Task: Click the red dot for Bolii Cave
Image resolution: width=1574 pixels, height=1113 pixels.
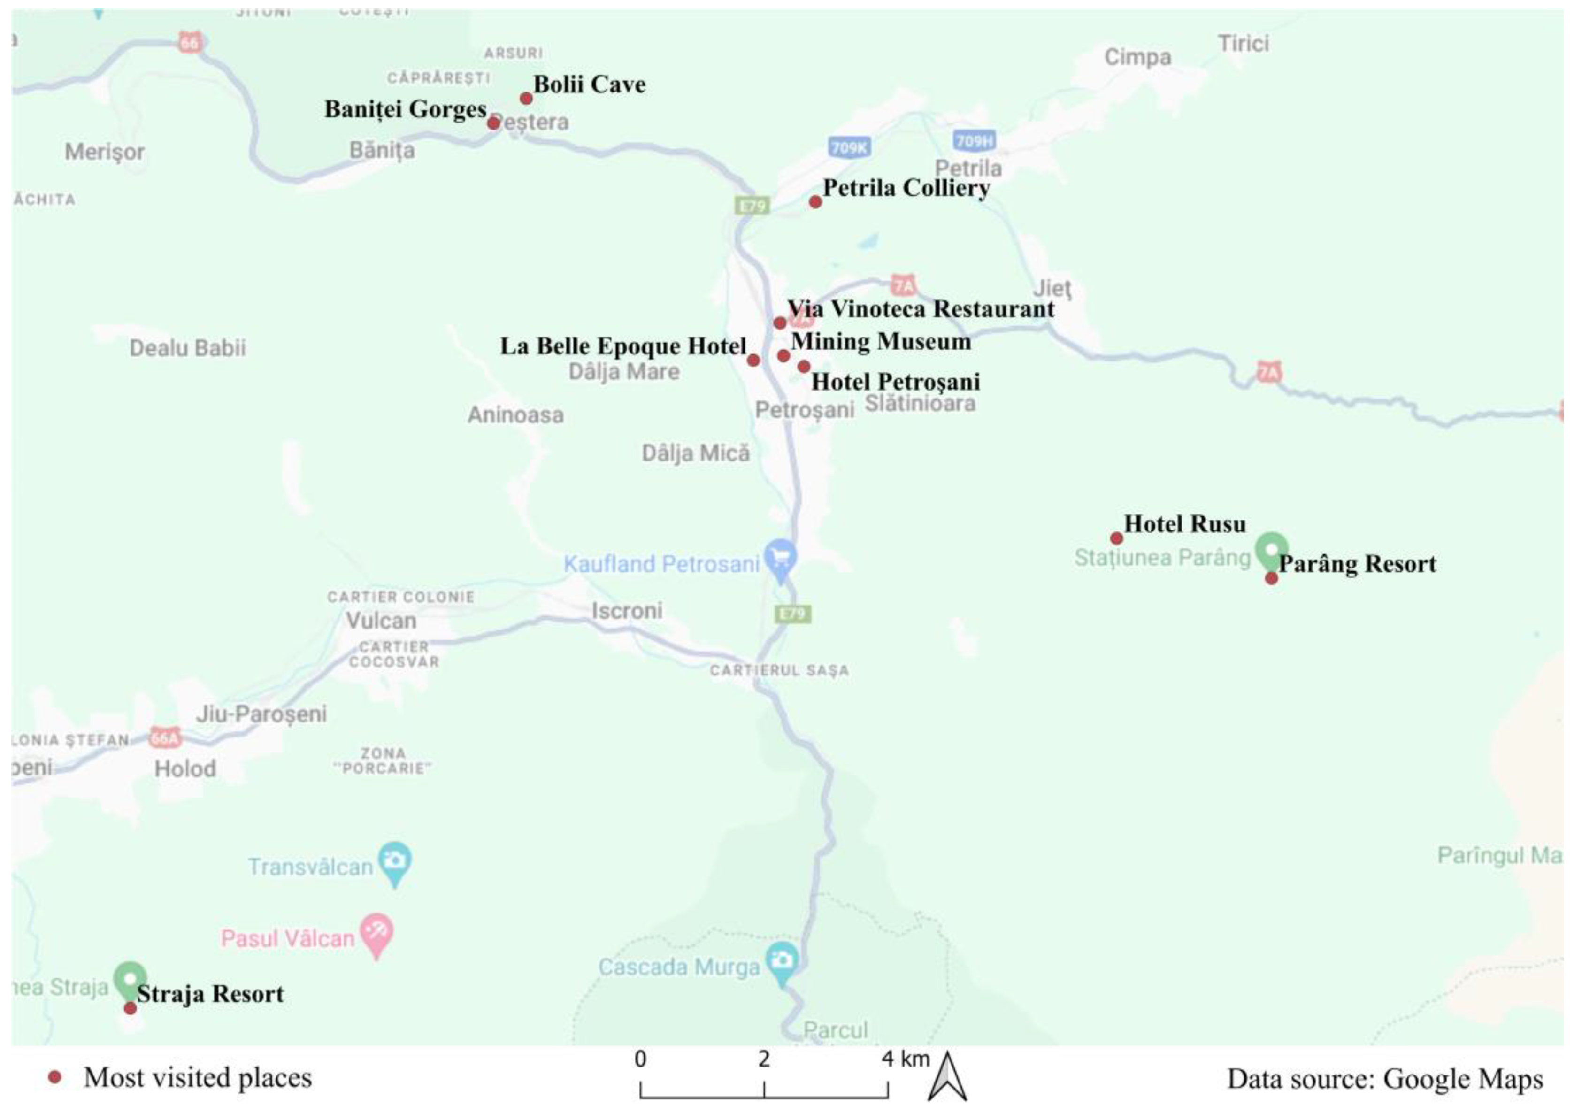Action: tap(526, 99)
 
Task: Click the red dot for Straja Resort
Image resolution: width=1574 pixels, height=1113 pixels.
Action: tap(130, 1008)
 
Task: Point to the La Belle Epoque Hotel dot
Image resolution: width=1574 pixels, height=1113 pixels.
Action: tap(753, 360)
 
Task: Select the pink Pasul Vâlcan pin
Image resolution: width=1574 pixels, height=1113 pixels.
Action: tap(376, 933)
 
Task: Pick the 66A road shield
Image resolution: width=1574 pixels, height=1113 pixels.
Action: tap(164, 737)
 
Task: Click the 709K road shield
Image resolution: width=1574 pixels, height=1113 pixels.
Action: tap(849, 147)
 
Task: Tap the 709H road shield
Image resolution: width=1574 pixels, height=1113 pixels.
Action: tap(974, 142)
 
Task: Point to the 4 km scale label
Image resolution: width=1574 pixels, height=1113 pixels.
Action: tap(906, 1059)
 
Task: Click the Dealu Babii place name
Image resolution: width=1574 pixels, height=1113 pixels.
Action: tap(187, 348)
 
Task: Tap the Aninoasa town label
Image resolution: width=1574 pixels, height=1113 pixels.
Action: tap(515, 414)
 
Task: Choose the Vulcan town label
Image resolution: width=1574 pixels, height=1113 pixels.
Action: tap(381, 621)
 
